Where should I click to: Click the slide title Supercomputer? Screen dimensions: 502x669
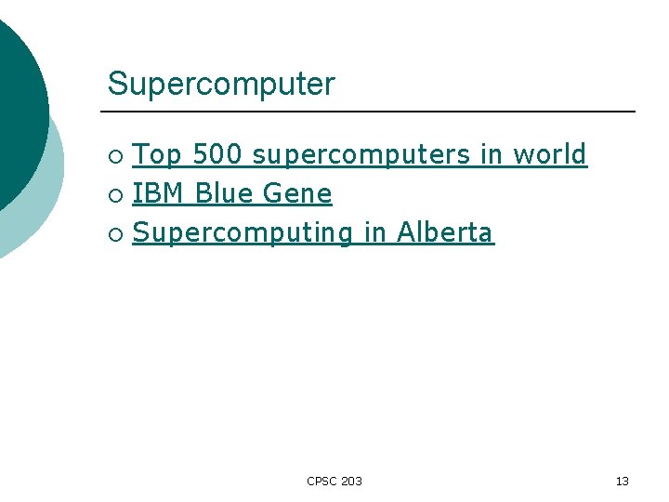[220, 85]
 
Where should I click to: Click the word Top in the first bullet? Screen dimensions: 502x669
[157, 154]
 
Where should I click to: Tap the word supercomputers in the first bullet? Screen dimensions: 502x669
[361, 154]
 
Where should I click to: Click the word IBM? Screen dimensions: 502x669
[159, 193]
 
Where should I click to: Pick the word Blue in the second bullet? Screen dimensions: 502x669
[224, 193]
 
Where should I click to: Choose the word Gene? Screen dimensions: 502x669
[297, 193]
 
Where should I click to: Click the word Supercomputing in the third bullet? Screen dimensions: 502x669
[243, 232]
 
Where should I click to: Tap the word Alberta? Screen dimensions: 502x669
[445, 232]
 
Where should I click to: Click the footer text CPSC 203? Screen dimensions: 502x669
[334, 481]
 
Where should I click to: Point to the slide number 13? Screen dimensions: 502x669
[622, 481]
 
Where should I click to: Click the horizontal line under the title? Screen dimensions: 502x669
[372, 112]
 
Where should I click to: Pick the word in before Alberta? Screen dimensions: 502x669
[374, 232]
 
